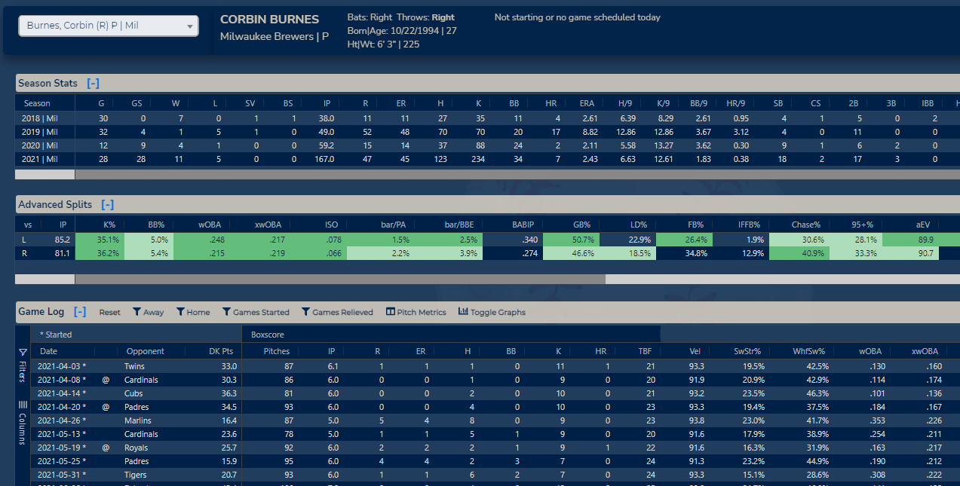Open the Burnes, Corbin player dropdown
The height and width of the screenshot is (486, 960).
coord(109,26)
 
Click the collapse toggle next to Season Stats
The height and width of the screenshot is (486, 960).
coord(93,83)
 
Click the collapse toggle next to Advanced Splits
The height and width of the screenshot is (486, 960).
coord(108,204)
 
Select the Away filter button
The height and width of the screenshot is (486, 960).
coord(148,312)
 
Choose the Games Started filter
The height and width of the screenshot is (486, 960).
coord(256,312)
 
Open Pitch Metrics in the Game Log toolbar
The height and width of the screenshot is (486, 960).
coord(416,312)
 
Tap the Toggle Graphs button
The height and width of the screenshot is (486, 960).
coord(492,312)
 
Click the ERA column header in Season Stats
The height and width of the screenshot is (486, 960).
coord(588,103)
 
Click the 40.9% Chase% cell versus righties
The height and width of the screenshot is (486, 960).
coord(806,253)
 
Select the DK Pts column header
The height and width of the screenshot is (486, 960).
coord(221,351)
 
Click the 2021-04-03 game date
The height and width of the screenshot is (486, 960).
coord(59,365)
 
